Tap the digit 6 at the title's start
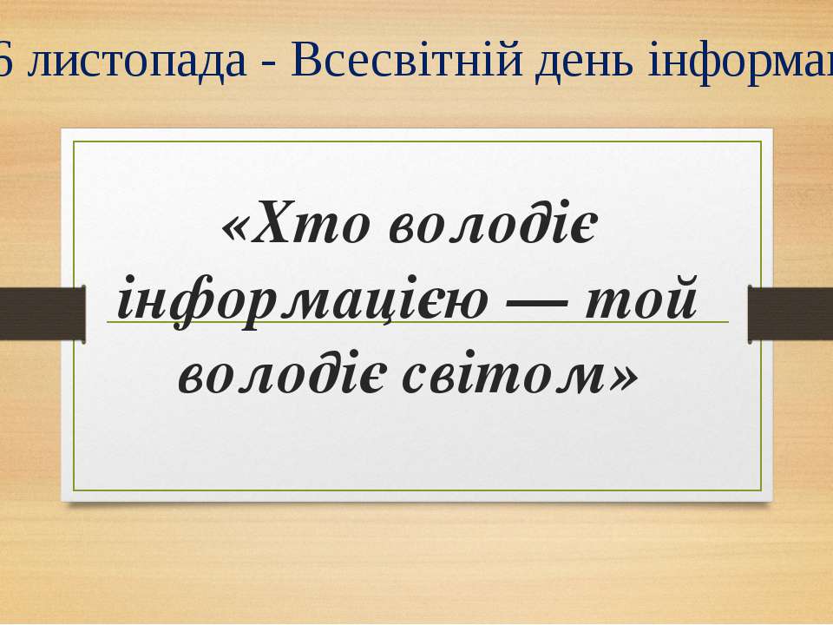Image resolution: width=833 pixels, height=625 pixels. pos(6,67)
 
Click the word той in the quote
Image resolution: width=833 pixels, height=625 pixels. pos(645,300)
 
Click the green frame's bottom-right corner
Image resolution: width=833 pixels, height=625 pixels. pos(761,489)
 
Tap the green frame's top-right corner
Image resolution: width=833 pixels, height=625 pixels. pos(761,142)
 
